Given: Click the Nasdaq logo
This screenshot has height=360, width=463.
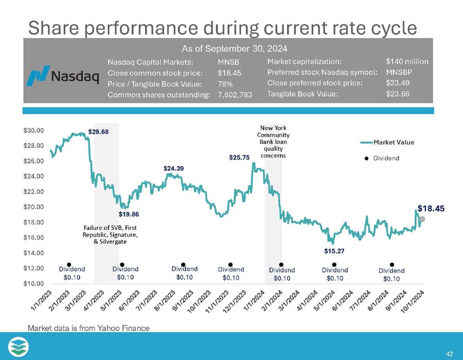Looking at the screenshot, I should point(62,76).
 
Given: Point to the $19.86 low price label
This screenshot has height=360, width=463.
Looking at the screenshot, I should point(129,213).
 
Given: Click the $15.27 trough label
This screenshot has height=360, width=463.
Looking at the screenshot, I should point(334,251).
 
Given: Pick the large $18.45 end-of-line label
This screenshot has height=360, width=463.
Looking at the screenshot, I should point(430,208).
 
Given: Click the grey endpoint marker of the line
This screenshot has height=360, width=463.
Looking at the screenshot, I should point(422,219).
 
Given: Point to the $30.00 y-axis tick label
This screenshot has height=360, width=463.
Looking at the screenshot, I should point(34,131).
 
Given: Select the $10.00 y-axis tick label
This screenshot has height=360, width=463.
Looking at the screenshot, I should point(34,283).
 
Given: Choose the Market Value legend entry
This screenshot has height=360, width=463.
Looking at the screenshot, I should point(394,142).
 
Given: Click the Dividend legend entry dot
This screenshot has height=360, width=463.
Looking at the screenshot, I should point(367,158).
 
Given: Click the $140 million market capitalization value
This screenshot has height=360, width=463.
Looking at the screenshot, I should point(406,61).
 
